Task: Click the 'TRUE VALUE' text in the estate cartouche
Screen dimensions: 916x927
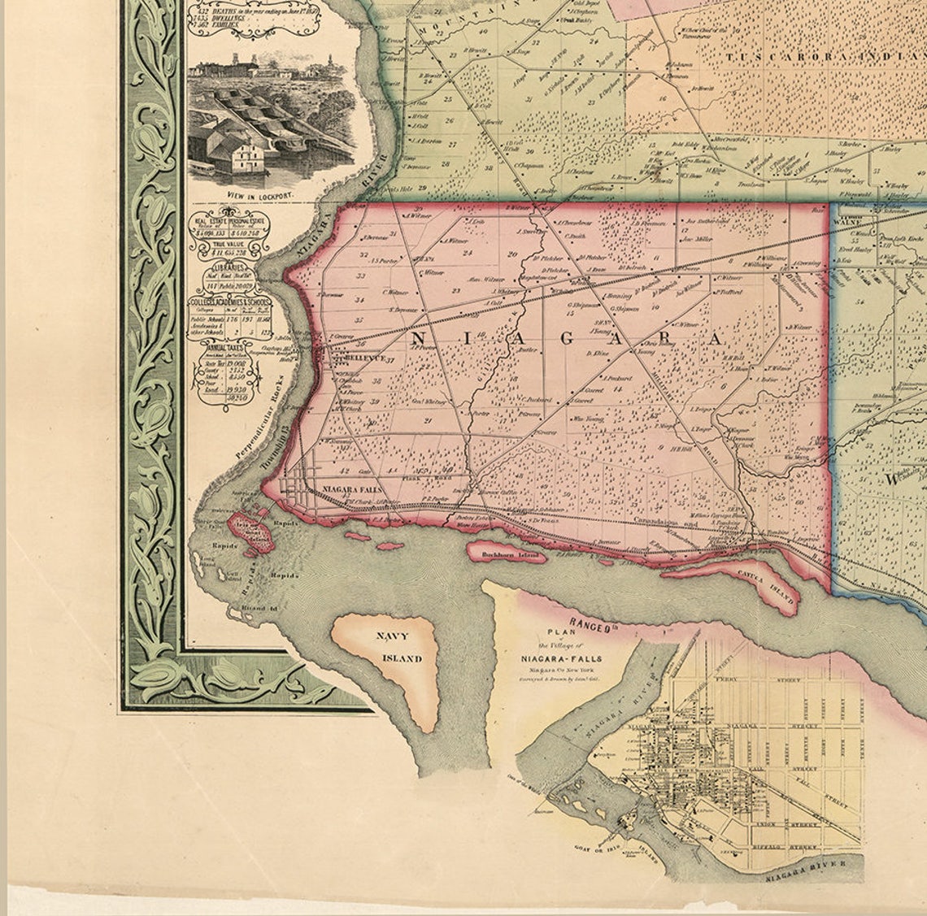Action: (228, 242)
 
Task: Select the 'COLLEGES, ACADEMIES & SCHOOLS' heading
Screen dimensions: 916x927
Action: (230, 302)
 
